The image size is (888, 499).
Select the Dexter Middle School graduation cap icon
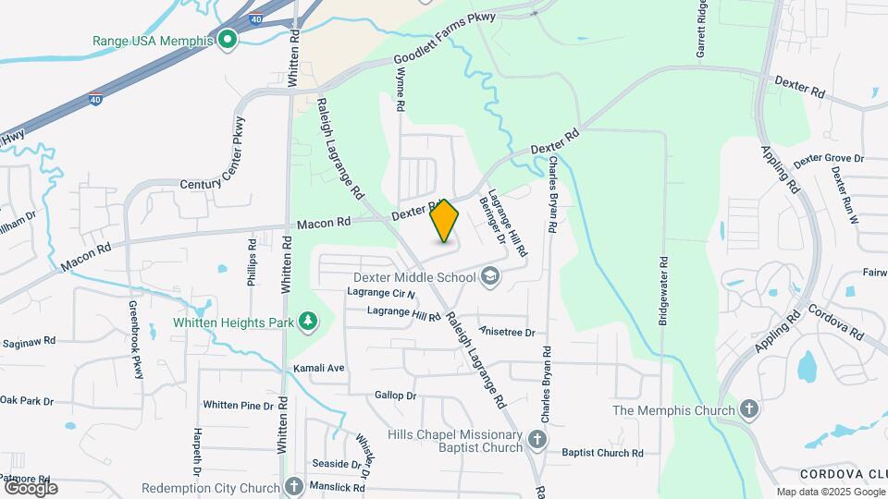[490, 274]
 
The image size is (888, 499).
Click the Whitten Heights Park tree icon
[306, 322]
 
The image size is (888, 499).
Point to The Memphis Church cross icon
[749, 409]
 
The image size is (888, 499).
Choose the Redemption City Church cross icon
[294, 487]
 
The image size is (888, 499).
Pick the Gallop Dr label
[396, 396]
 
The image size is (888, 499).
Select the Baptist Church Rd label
[602, 453]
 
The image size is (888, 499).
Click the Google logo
[31, 487]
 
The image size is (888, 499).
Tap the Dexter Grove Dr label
[828, 159]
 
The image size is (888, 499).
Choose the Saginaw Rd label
[28, 342]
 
